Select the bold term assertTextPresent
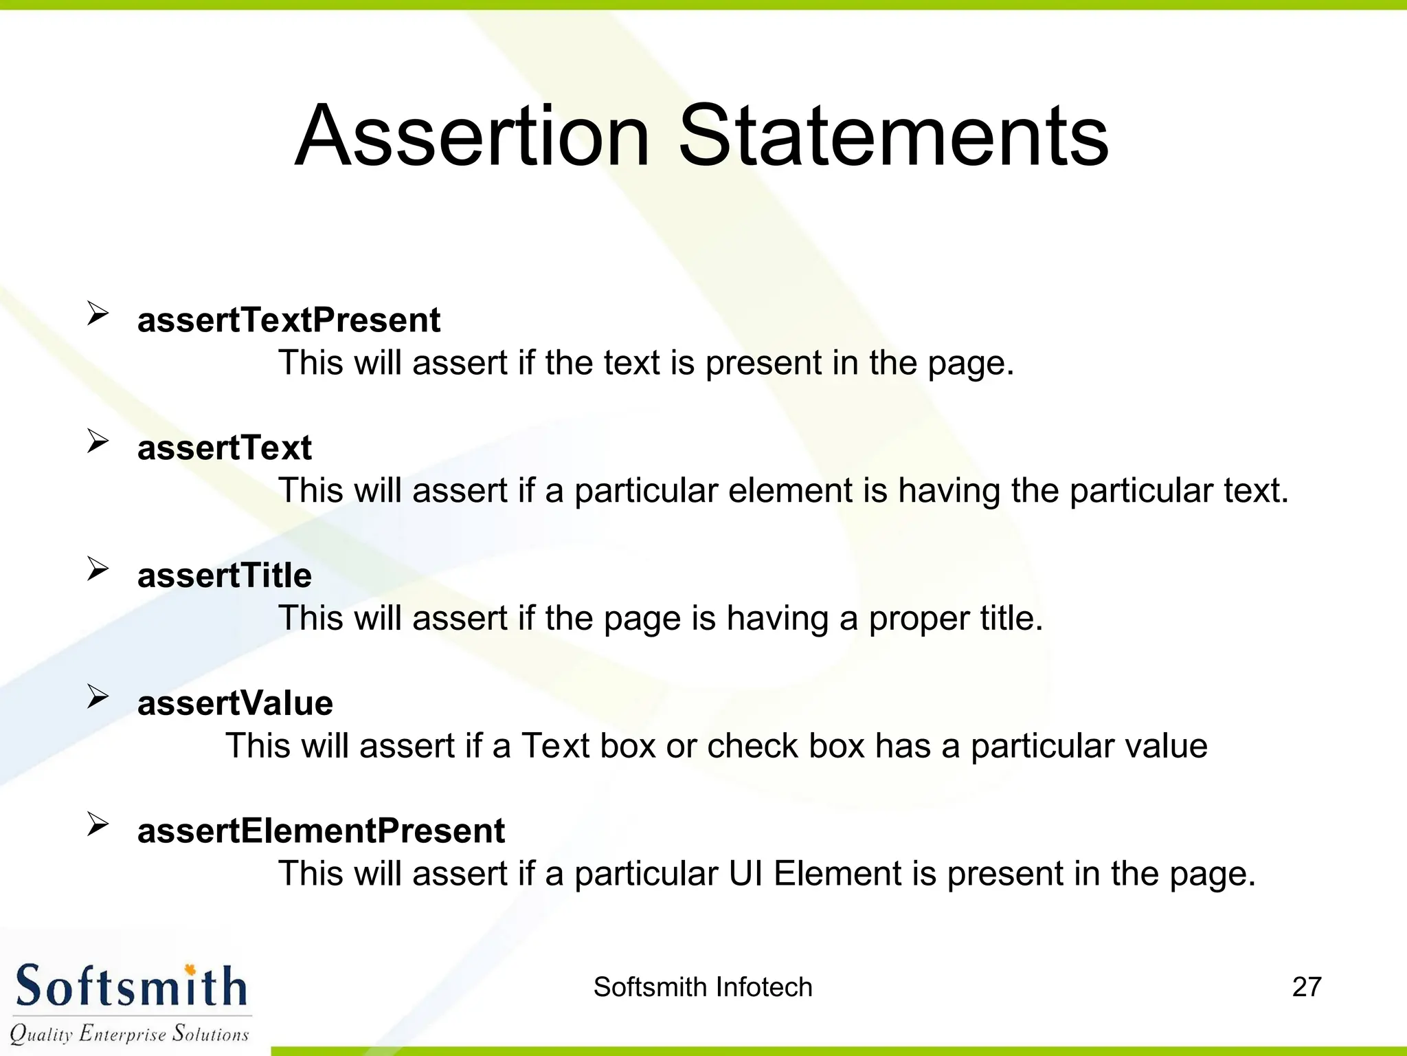coord(289,320)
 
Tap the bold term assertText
coord(224,448)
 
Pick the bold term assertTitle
coord(224,575)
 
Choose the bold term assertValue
coord(235,703)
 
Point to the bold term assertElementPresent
coord(321,831)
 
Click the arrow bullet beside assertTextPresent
coord(98,314)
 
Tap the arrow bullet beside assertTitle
coord(98,569)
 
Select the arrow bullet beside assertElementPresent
coord(98,824)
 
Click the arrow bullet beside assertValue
coord(98,697)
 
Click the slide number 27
coord(1306,987)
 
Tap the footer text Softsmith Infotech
coord(703,987)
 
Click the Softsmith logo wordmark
coord(131,987)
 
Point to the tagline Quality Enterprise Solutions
coord(129,1034)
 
